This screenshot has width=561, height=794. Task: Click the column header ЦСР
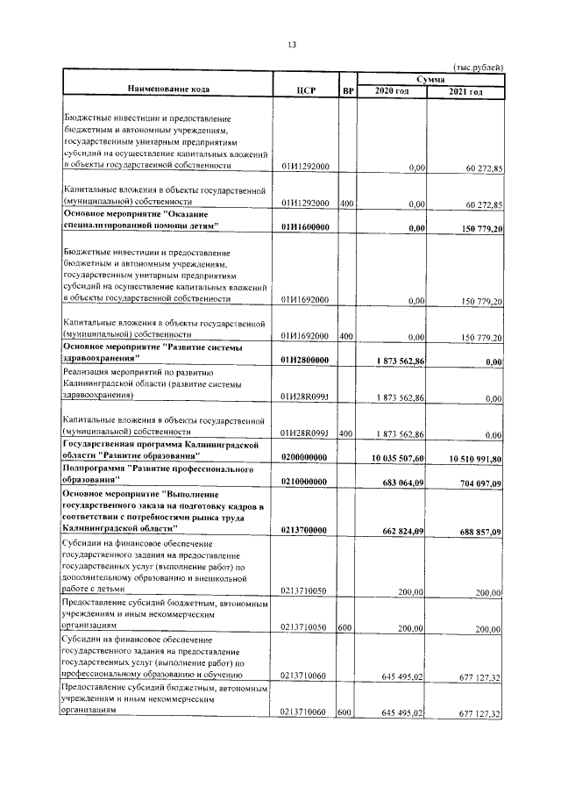point(306,91)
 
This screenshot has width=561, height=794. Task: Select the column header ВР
point(347,91)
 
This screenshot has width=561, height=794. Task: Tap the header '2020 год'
point(392,91)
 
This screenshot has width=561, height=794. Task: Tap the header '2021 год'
point(465,91)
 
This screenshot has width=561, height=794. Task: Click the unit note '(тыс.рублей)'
point(479,68)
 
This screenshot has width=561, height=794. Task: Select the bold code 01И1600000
point(304,227)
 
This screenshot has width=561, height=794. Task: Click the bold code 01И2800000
point(304,360)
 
